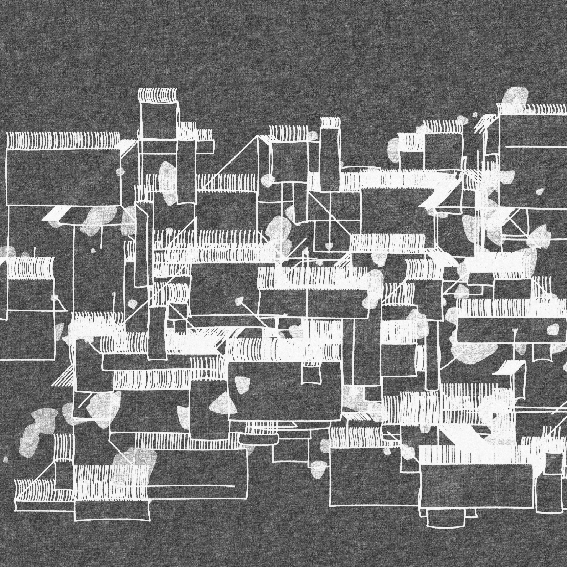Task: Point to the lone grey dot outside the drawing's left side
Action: click(6, 459)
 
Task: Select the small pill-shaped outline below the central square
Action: click(259, 439)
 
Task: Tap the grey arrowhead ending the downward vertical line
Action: click(329, 245)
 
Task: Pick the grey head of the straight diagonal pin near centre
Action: click(240, 300)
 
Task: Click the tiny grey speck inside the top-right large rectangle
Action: click(539, 191)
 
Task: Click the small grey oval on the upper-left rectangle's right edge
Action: click(120, 171)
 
